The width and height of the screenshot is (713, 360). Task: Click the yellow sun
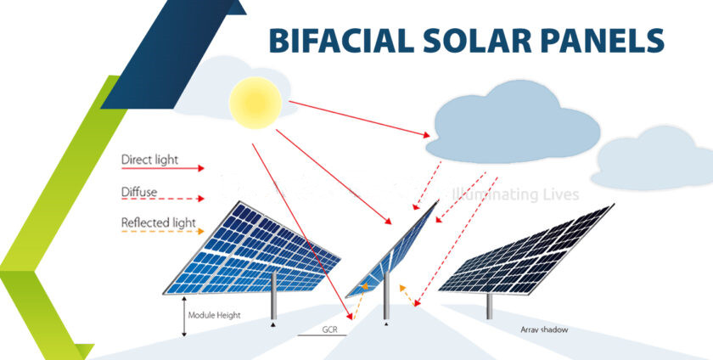(255, 103)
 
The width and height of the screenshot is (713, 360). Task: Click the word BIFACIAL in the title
(341, 41)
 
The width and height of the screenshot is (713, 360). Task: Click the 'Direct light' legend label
(149, 160)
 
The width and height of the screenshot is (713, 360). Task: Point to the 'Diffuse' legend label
(139, 192)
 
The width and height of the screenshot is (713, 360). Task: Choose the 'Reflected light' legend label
(158, 223)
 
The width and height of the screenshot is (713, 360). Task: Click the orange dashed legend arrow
(163, 231)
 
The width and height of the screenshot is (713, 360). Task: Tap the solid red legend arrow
(163, 168)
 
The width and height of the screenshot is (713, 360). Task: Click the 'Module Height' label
(214, 315)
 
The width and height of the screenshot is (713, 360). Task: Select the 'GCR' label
(330, 329)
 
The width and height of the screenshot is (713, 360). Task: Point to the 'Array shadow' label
(544, 329)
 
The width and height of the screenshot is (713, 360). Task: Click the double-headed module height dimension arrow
(184, 317)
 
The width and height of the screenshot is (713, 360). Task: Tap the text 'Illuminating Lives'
(515, 194)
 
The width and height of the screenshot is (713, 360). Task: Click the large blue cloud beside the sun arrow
(513, 122)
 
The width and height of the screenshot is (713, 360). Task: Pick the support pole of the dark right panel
(489, 307)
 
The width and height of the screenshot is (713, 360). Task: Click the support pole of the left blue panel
(273, 295)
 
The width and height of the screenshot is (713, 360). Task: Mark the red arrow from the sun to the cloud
(359, 119)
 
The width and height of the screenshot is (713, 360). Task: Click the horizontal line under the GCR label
(323, 335)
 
